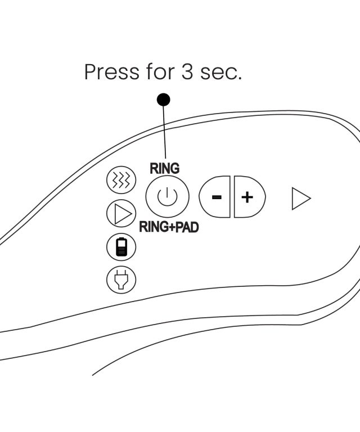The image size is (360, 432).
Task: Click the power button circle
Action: click(x=167, y=197)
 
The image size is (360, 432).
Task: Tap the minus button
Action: click(x=215, y=197)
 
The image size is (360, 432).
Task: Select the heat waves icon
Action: click(x=121, y=180)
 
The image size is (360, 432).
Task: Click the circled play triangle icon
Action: click(x=121, y=213)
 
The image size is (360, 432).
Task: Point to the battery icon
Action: click(x=121, y=246)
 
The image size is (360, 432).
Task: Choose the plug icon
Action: click(x=121, y=279)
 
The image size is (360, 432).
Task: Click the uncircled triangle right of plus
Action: click(x=301, y=199)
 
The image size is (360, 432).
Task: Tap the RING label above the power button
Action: click(x=164, y=168)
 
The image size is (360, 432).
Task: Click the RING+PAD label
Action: click(x=169, y=228)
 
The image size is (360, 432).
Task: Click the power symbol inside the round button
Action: click(x=167, y=197)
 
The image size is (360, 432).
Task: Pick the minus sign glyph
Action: click(x=217, y=197)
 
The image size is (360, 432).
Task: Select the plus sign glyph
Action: click(x=247, y=197)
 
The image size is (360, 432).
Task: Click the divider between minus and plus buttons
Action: click(x=232, y=197)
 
